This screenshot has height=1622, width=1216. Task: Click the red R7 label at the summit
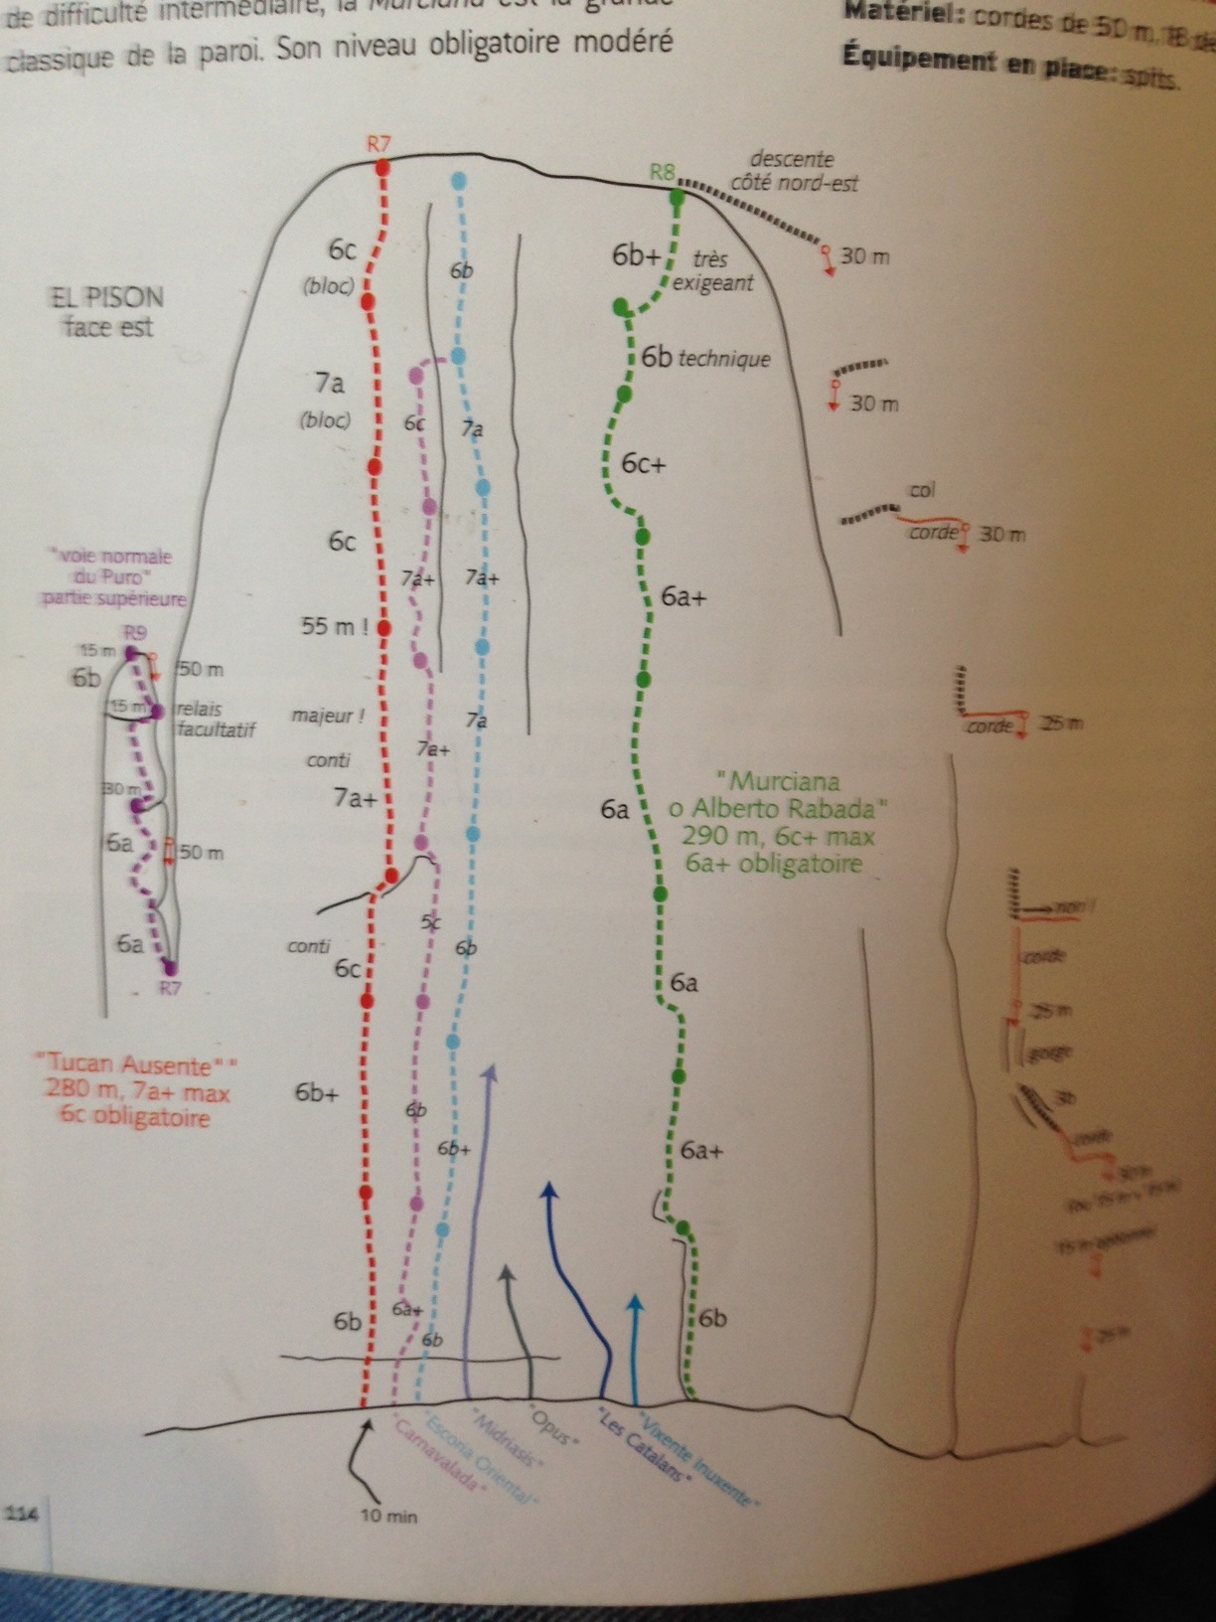[379, 143]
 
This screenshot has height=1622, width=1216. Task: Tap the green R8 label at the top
[662, 172]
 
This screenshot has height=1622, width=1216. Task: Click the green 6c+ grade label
[644, 463]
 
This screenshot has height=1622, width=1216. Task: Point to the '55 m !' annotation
[335, 627]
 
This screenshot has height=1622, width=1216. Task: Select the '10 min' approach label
[388, 1517]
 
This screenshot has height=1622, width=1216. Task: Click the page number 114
[19, 1514]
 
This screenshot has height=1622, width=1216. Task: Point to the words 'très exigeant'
[712, 270]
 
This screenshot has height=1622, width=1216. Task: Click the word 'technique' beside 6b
[724, 359]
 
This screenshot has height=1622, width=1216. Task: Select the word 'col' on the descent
[921, 490]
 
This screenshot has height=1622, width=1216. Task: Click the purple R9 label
[135, 632]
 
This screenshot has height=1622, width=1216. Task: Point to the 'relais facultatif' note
[214, 720]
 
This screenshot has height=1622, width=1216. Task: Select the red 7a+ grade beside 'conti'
[355, 797]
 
